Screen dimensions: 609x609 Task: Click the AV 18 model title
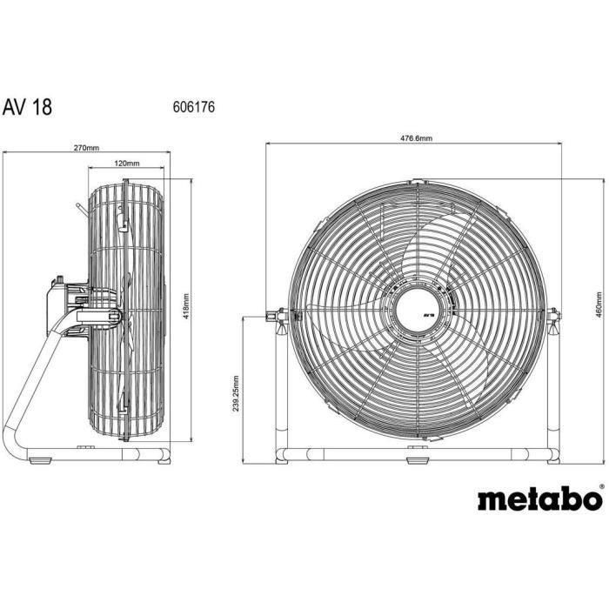pos(27,108)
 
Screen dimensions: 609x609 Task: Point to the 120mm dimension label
pos(127,164)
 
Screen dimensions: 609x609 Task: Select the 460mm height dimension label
pos(600,304)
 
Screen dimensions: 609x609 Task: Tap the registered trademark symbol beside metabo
pos(600,488)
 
